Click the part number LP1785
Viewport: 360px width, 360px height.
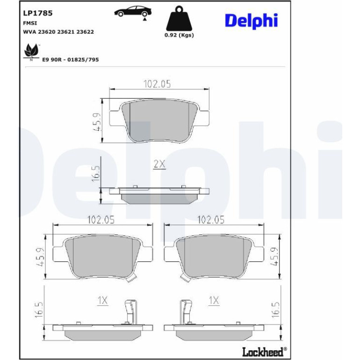coord(38,13)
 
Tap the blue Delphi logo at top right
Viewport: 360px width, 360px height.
coord(251,21)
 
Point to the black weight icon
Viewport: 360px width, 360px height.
coord(179,18)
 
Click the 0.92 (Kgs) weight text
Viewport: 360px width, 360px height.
coord(179,35)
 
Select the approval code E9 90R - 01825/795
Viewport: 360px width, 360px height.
coord(71,60)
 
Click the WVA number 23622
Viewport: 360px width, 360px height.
coord(85,32)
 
